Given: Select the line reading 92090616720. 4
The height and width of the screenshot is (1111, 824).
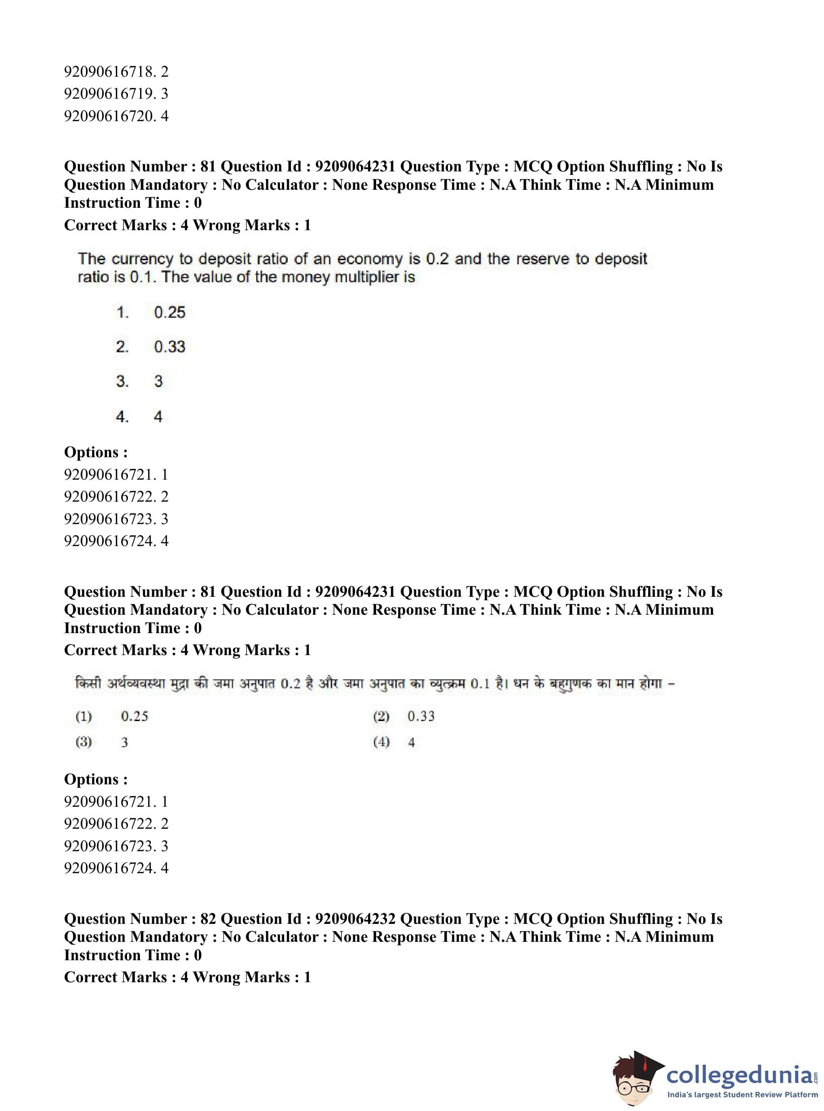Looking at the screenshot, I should (116, 116).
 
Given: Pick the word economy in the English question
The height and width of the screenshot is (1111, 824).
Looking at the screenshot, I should (370, 259).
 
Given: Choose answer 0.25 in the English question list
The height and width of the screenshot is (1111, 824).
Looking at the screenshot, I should (170, 313).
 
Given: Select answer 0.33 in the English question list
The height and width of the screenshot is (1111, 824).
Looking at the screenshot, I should (170, 347).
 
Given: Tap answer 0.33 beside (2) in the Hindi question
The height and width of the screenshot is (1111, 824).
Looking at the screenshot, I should (421, 716).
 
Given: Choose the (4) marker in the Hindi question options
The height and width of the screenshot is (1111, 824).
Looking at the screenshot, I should (381, 742).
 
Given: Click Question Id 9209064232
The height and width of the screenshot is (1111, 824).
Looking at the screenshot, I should (355, 919).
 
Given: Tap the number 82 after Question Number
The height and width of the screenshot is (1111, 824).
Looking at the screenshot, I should (207, 919).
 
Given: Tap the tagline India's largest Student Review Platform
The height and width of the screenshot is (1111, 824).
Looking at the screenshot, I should (742, 1094).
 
